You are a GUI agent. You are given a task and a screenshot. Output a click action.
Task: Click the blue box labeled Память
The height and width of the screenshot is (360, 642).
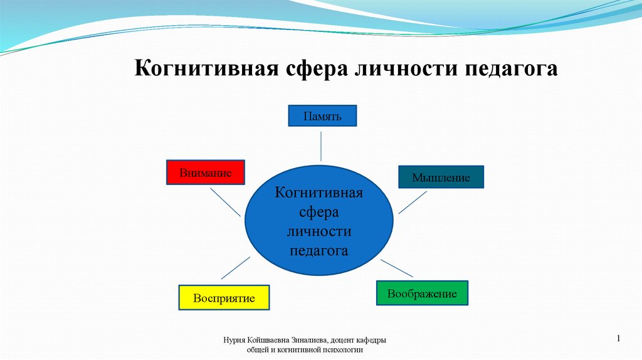pyautogui.click(x=322, y=115)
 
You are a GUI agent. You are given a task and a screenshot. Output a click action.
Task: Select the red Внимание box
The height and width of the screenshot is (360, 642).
pyautogui.click(x=206, y=172)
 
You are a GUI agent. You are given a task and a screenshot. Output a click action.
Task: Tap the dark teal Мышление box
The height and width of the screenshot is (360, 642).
pyautogui.click(x=441, y=177)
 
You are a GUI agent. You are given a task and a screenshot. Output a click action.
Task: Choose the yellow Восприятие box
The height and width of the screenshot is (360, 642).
pyautogui.click(x=224, y=297)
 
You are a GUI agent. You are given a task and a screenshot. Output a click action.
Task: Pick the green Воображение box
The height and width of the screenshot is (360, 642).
pyautogui.click(x=422, y=293)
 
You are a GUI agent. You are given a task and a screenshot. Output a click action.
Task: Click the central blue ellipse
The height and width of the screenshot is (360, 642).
pyautogui.click(x=319, y=220)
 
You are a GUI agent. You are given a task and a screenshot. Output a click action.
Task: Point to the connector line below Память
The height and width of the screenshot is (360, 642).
pyautogui.click(x=321, y=146)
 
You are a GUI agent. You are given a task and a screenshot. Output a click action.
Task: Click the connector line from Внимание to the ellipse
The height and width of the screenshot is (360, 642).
pyautogui.click(x=225, y=203)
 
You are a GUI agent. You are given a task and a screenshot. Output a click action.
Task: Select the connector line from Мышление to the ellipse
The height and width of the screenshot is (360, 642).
pyautogui.click(x=413, y=203)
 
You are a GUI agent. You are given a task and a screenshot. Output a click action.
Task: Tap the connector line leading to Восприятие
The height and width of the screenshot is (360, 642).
pyautogui.click(x=236, y=268)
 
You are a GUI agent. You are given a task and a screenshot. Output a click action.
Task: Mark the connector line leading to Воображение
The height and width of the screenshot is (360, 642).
pyautogui.click(x=397, y=268)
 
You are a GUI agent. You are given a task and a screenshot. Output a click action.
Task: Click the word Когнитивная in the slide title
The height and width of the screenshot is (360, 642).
pyautogui.click(x=206, y=68)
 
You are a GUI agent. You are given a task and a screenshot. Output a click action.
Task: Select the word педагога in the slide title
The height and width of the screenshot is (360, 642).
pyautogui.click(x=511, y=69)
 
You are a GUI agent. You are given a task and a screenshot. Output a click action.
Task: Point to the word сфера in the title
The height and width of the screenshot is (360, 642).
pyautogui.click(x=317, y=69)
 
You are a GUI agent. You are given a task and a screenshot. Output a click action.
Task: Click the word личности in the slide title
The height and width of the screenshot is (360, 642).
pyautogui.click(x=406, y=68)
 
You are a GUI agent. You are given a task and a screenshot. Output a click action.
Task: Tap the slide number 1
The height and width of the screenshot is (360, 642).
pyautogui.click(x=618, y=338)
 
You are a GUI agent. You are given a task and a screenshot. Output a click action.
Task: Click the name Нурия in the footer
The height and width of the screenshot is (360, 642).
pyautogui.click(x=233, y=341)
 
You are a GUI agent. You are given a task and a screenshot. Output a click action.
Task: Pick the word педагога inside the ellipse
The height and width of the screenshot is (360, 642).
pyautogui.click(x=319, y=251)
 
